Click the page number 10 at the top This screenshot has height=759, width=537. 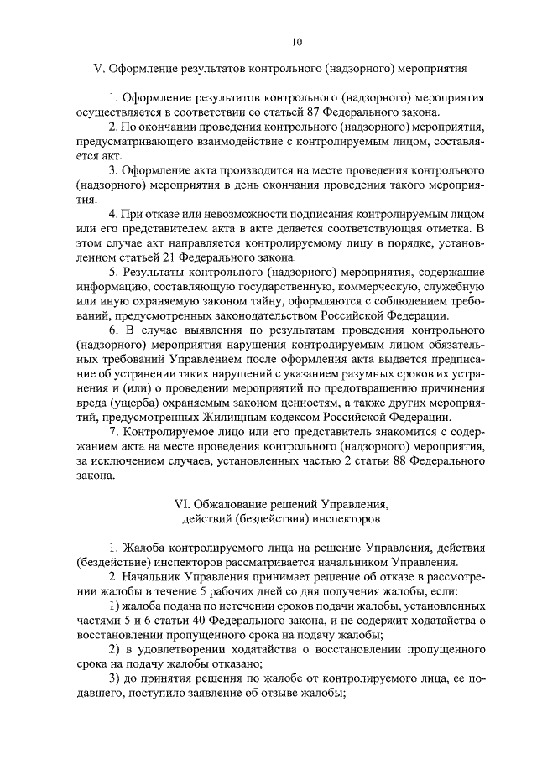tap(296, 42)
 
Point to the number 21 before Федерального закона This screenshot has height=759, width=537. tap(222, 258)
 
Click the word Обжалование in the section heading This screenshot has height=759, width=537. tap(232, 505)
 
